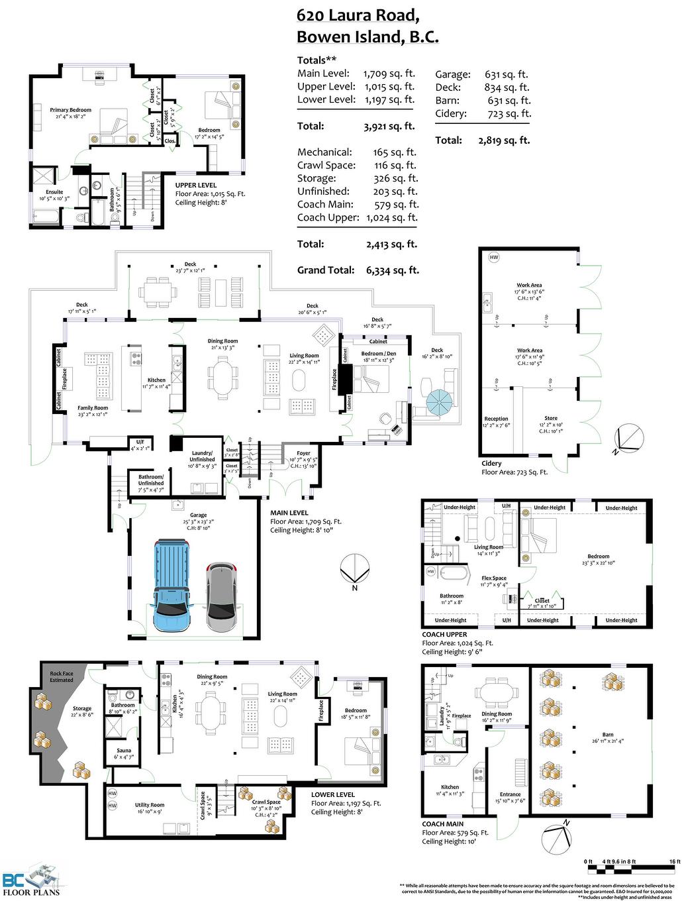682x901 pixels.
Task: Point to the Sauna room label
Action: click(124, 751)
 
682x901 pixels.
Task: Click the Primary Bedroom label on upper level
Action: click(71, 110)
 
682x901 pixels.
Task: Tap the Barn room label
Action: click(607, 735)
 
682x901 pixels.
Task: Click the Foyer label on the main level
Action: click(303, 453)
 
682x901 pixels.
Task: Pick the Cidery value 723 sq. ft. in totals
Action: click(509, 114)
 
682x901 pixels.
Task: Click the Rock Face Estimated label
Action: click(62, 676)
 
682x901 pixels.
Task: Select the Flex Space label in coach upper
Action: click(494, 578)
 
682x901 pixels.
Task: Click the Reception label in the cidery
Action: click(497, 419)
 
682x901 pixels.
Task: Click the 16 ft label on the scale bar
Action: click(674, 861)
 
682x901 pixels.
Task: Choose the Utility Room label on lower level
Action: click(150, 805)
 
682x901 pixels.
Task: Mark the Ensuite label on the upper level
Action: click(54, 192)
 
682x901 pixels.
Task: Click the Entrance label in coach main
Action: click(510, 794)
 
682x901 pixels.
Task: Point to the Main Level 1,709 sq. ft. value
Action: click(389, 74)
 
